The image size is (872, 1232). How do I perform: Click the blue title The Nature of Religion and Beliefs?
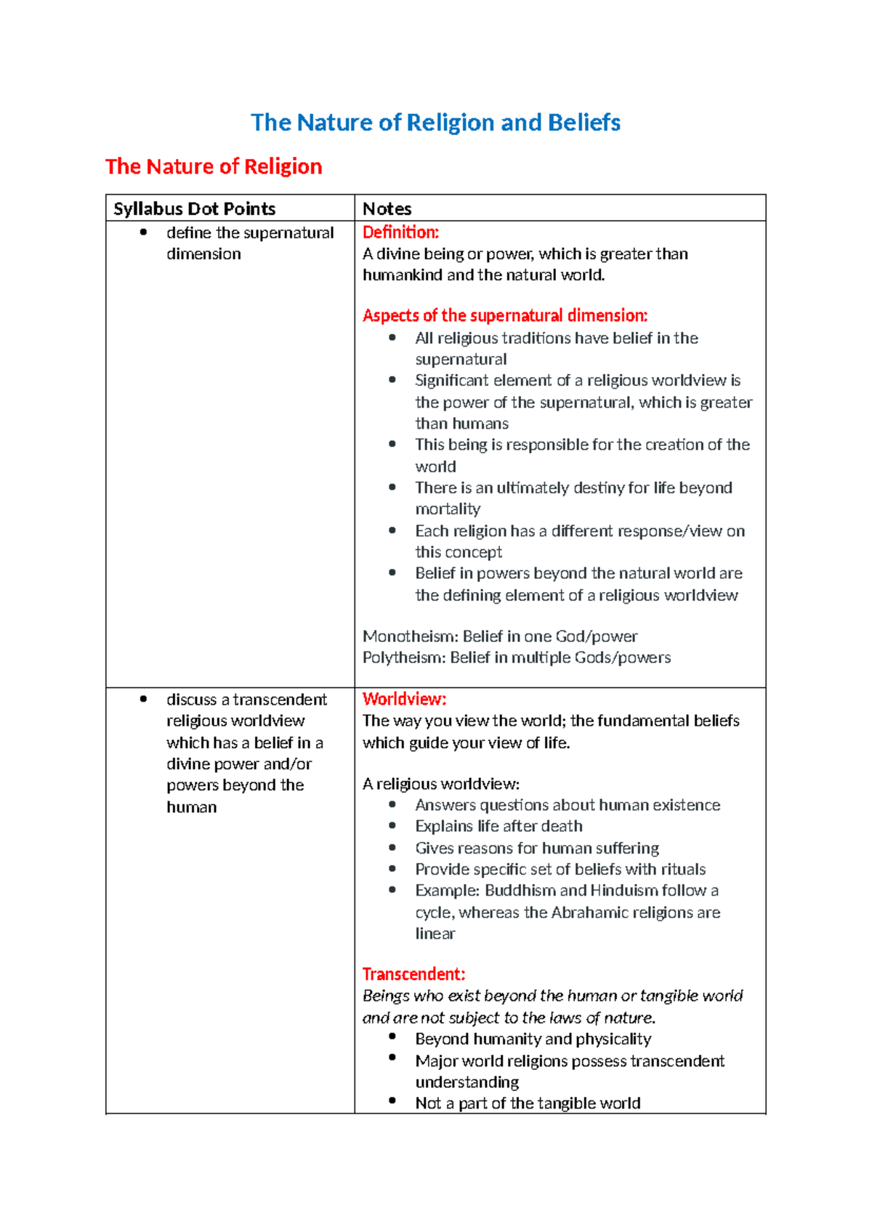(x=435, y=123)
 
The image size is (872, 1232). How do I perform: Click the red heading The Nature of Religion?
(x=214, y=166)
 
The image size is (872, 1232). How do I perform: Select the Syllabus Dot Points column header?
(x=194, y=209)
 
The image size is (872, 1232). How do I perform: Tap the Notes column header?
(x=387, y=209)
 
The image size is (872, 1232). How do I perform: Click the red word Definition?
(x=400, y=232)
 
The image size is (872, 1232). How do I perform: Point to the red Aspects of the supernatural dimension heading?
(x=504, y=315)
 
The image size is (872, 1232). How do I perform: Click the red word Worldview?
(x=404, y=699)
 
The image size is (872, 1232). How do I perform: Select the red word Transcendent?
(x=413, y=974)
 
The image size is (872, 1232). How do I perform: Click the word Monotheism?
(x=410, y=636)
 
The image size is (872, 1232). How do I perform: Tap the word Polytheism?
(x=403, y=657)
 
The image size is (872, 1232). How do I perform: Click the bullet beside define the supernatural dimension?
(x=143, y=232)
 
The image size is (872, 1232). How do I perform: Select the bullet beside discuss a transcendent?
(x=143, y=699)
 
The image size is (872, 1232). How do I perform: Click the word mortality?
(x=448, y=509)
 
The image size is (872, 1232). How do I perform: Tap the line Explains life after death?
(x=498, y=827)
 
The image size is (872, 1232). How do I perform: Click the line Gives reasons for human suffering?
(x=537, y=848)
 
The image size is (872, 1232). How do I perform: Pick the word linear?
(x=435, y=933)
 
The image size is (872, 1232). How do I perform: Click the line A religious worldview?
(x=440, y=784)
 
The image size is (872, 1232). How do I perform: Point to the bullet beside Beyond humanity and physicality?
(x=392, y=1037)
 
